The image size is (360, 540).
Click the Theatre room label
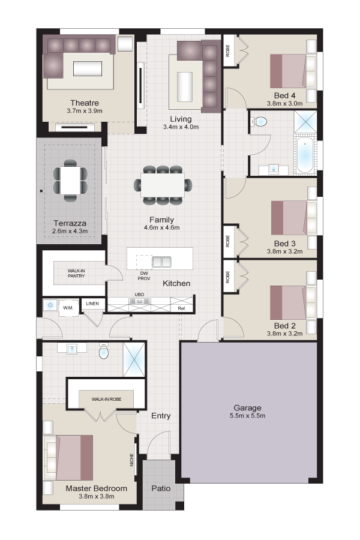coord(85,103)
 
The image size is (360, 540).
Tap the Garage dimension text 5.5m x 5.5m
coord(247,415)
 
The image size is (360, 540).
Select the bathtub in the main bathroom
coord(305,155)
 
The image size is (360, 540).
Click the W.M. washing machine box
coord(68,307)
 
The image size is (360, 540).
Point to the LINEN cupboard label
coord(92,304)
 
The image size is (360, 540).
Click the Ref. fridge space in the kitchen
coord(182,308)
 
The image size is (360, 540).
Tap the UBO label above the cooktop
coord(139,295)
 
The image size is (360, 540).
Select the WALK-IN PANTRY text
coord(76,274)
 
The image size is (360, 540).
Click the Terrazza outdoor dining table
coord(70,180)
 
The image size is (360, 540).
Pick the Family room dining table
coord(162,185)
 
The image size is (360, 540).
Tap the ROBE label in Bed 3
coord(227,241)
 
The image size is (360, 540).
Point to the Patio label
coord(161,488)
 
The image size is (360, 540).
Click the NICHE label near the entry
coord(131,460)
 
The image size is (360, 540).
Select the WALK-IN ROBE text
coord(106,399)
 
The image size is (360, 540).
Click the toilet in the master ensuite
coord(103,351)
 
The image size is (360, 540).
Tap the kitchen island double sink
coord(161,262)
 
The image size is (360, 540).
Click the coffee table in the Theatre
coord(88,68)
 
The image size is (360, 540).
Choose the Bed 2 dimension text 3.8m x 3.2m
coord(284,334)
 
